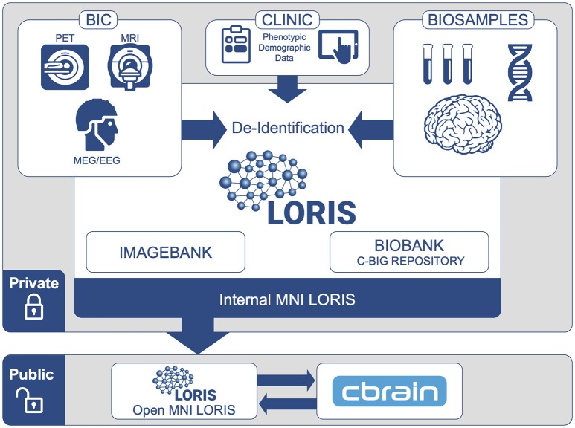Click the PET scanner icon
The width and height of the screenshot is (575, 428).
[x=65, y=67]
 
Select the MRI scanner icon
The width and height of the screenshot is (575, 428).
[x=129, y=67]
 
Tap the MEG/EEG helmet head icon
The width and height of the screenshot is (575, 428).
[x=97, y=124]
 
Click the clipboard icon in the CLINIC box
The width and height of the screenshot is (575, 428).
[x=236, y=45]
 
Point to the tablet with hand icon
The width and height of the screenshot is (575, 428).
[x=338, y=46]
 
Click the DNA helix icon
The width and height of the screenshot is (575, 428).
[x=520, y=72]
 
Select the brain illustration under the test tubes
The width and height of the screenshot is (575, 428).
[x=463, y=125]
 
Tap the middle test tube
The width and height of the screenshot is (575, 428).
[x=448, y=64]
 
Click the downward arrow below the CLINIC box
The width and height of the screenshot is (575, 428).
[x=287, y=88]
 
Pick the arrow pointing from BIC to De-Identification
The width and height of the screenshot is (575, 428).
[x=204, y=129]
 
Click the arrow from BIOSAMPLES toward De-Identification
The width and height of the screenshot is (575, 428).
[x=370, y=129]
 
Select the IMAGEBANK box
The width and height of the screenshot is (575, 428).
[x=165, y=252]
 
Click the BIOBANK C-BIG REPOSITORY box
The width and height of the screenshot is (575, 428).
[x=409, y=252]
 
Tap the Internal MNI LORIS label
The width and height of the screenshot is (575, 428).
[x=287, y=299]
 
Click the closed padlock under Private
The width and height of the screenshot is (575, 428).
[x=33, y=307]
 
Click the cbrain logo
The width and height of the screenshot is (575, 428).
[x=389, y=391]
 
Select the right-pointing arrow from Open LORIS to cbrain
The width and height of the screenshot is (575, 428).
[x=286, y=380]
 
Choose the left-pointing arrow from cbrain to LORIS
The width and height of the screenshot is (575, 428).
[x=287, y=403]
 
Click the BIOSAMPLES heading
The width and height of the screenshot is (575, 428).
[x=478, y=20]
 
